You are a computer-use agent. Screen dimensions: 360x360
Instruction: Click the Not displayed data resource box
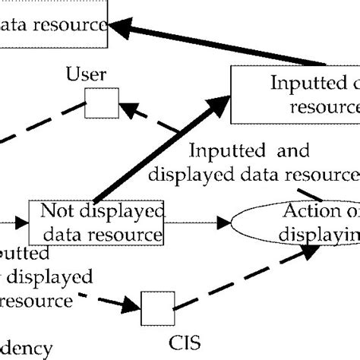(x=96, y=223)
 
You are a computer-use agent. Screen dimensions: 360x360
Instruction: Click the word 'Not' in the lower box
(x=56, y=210)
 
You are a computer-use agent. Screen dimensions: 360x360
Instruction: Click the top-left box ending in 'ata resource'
(x=53, y=24)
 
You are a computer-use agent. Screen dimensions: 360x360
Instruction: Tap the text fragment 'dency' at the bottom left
(x=27, y=349)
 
